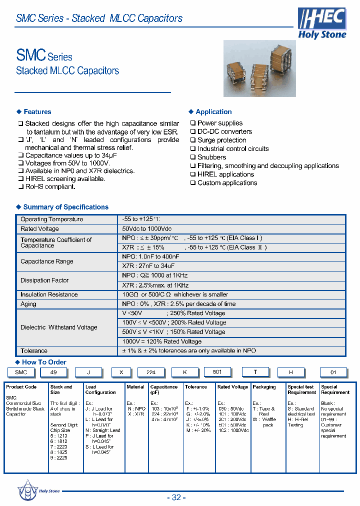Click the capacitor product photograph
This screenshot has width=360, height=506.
(x=259, y=68)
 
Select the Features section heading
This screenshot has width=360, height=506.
(x=37, y=111)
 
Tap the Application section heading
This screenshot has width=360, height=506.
(x=213, y=111)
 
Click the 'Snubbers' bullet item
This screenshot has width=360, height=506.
(x=211, y=157)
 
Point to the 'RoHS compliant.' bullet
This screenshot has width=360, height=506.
(x=50, y=186)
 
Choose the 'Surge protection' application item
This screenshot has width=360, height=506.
(x=221, y=140)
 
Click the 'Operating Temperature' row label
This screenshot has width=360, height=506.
(x=51, y=219)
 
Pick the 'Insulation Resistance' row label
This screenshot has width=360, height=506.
(x=49, y=294)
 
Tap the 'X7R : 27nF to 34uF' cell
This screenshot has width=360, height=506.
(x=148, y=266)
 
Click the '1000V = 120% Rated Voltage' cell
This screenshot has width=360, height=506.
(x=162, y=341)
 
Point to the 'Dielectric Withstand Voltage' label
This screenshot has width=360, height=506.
(x=58, y=327)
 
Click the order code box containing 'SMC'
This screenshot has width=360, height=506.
(x=21, y=372)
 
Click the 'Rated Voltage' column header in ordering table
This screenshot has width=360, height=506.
(x=232, y=387)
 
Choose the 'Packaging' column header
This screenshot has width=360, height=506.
(x=264, y=387)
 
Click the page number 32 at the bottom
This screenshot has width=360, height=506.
(x=176, y=497)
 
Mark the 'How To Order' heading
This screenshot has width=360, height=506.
(x=44, y=362)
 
